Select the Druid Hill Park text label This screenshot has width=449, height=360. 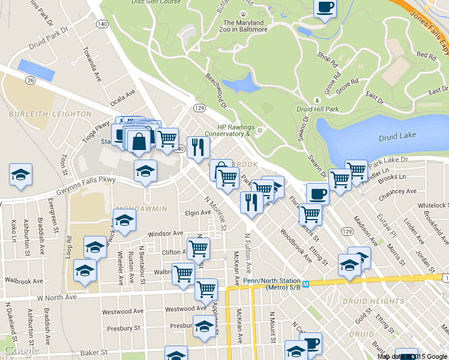coord(318,109)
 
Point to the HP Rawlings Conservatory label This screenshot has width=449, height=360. coord(237,130)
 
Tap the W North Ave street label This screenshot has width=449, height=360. coord(56,297)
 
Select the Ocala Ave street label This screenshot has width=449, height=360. coord(122,97)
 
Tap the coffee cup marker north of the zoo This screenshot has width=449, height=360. coord(325,8)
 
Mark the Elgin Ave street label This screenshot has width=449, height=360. coord(197,213)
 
